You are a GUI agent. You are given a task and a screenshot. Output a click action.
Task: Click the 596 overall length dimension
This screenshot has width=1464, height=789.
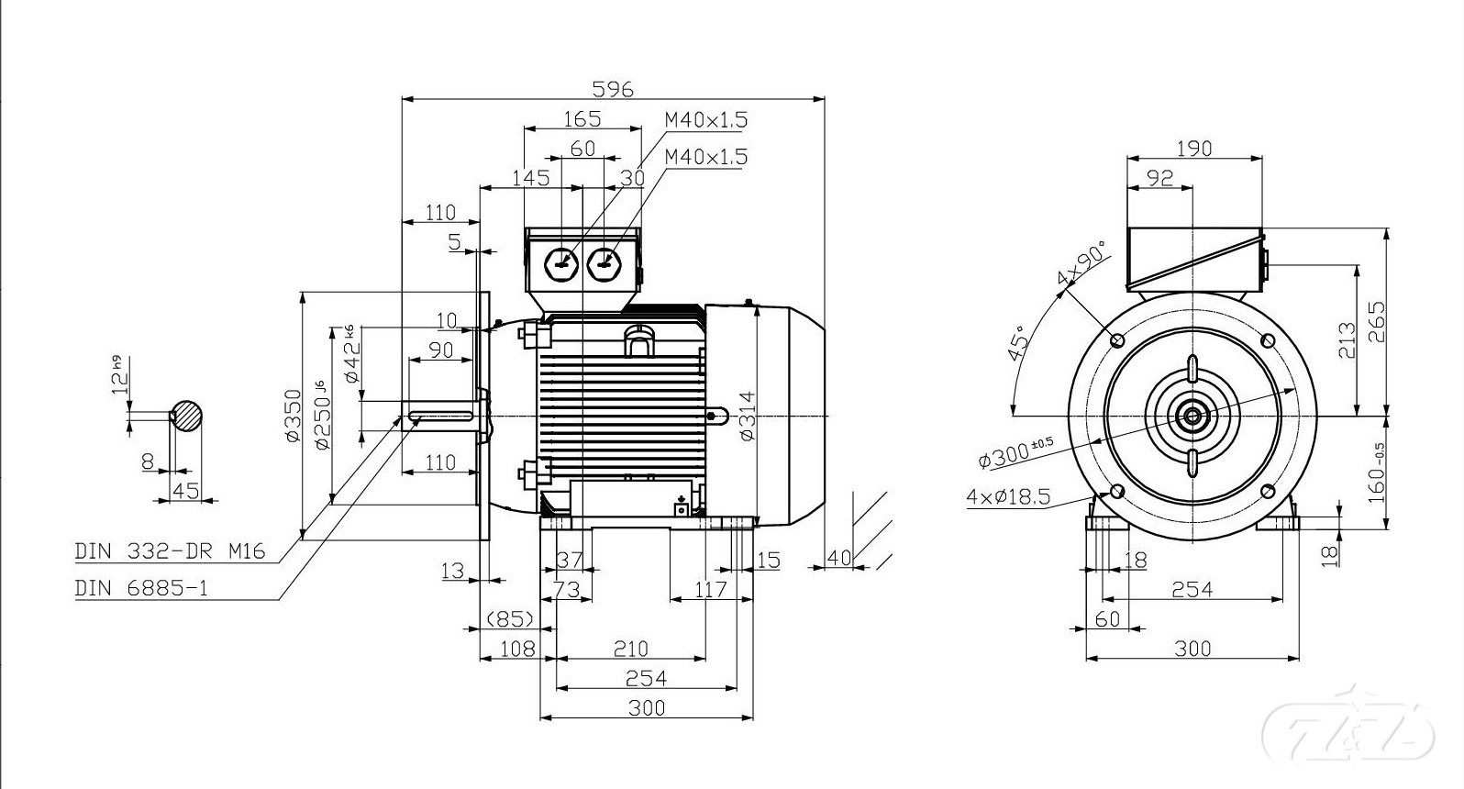tap(613, 89)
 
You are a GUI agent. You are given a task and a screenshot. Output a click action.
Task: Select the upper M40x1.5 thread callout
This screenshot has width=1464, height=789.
tap(705, 119)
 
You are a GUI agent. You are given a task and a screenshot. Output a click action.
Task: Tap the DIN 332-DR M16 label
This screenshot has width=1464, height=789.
tap(170, 551)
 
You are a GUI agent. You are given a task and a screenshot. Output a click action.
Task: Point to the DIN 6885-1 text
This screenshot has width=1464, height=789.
tap(141, 588)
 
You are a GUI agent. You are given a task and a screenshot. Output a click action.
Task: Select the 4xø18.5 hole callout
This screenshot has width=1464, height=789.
tap(1008, 497)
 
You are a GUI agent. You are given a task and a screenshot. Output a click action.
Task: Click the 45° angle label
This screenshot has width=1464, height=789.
tap(1017, 343)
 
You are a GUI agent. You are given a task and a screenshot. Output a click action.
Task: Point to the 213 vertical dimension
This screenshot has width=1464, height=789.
tap(1347, 340)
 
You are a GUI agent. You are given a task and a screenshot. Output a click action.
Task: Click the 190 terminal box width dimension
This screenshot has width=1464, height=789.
tap(1193, 149)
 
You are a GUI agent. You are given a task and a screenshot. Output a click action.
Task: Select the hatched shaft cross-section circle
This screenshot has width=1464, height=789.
tap(187, 416)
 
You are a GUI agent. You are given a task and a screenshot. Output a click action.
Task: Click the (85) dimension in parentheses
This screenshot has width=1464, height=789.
tap(510, 619)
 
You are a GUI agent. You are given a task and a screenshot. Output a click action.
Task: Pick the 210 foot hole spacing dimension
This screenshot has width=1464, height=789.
tap(630, 649)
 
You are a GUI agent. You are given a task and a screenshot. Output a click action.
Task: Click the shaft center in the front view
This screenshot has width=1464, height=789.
tap(1192, 417)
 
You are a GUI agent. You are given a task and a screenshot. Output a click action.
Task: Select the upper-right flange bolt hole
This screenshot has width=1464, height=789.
tap(1269, 340)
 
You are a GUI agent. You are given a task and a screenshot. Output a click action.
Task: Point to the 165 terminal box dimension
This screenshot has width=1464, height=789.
tap(582, 118)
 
